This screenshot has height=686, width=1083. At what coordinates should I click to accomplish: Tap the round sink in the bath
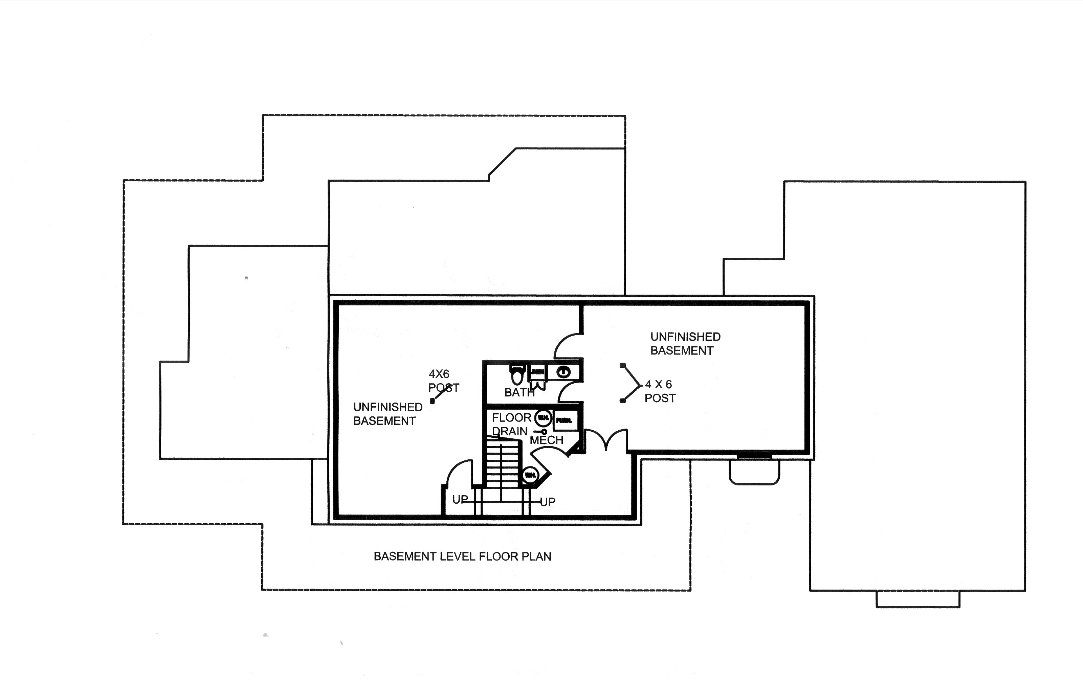(563, 372)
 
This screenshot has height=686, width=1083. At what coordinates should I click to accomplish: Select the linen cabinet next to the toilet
(537, 372)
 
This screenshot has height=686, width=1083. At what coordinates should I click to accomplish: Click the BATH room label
(519, 392)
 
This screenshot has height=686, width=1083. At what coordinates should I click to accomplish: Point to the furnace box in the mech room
(565, 420)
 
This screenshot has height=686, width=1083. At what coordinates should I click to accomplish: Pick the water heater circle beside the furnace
(543, 418)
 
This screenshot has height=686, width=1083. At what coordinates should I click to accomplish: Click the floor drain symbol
(544, 432)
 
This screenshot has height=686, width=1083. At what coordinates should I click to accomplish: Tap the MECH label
(547, 440)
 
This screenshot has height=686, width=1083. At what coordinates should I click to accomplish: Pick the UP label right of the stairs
(547, 502)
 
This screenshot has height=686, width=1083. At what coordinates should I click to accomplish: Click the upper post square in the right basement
(622, 365)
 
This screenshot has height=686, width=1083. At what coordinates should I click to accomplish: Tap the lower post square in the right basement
(622, 401)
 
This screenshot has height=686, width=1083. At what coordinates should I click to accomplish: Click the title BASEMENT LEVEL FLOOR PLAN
(462, 556)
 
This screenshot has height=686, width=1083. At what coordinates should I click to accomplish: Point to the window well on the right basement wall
(754, 470)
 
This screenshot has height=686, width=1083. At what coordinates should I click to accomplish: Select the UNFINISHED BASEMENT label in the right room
(685, 343)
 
